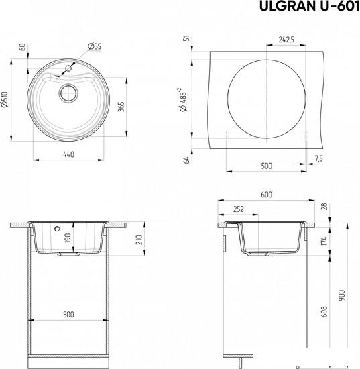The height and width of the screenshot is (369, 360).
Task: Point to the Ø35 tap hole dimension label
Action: click(94, 46)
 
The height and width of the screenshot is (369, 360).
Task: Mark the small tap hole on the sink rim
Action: click(69, 68)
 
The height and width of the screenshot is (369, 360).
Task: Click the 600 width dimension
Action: click(266, 195)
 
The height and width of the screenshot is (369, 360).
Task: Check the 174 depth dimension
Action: click(325, 240)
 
